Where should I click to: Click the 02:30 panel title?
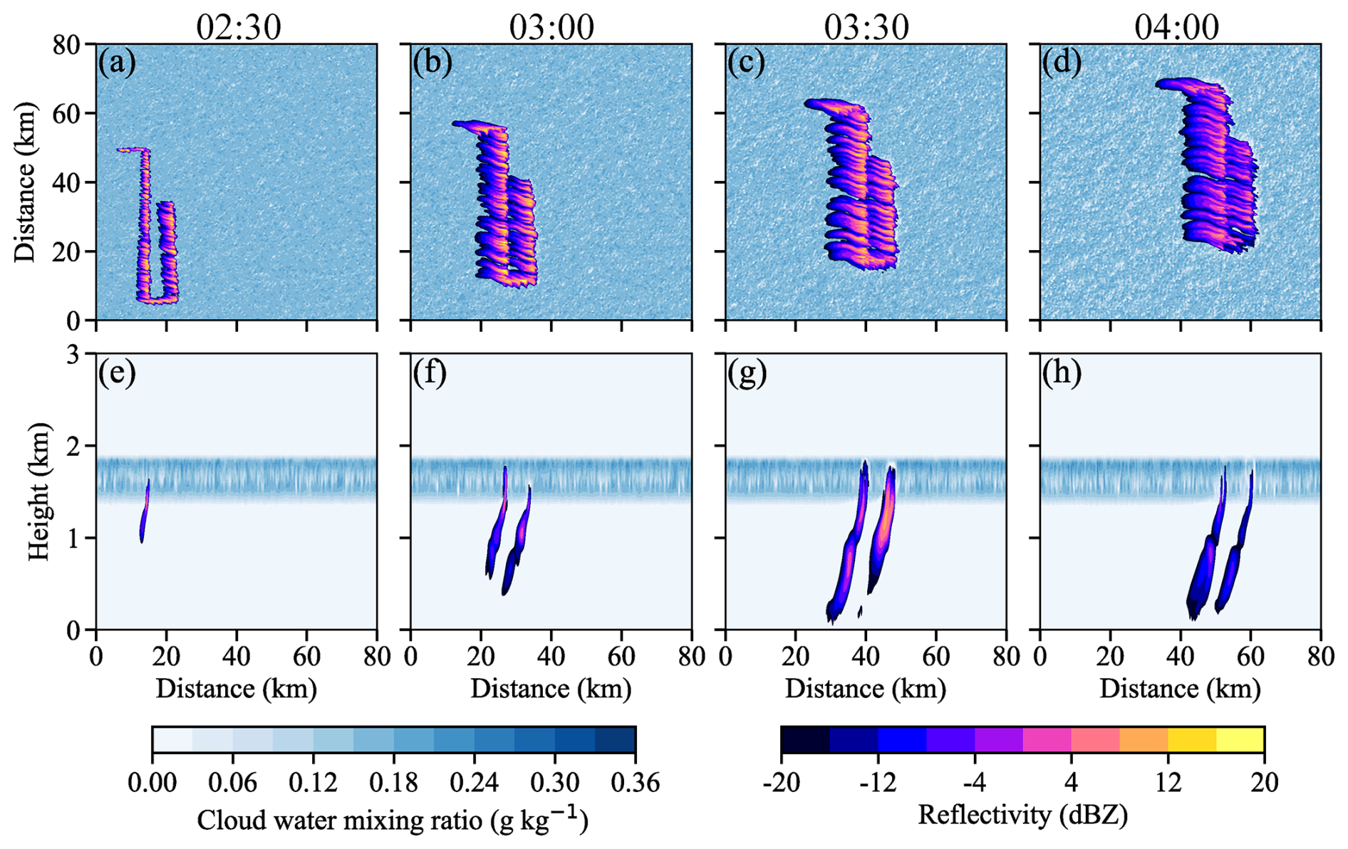click(x=239, y=26)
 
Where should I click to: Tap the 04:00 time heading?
click(x=1177, y=26)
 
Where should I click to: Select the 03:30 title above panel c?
click(x=866, y=26)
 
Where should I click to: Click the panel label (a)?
click(x=118, y=63)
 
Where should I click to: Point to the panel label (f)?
click(x=430, y=373)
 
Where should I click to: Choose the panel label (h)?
click(x=1062, y=373)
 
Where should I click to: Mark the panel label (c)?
click(x=746, y=63)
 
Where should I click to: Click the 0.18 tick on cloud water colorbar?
click(x=393, y=783)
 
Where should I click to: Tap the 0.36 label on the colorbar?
click(x=635, y=783)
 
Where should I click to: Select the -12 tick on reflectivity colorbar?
click(x=878, y=783)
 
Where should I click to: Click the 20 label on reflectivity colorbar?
click(x=1264, y=783)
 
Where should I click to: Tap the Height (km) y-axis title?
click(x=40, y=491)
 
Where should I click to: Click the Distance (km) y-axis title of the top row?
click(x=26, y=182)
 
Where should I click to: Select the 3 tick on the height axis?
click(x=74, y=354)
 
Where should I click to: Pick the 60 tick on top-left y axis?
click(x=67, y=114)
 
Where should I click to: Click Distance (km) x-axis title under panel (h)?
click(x=1180, y=689)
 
